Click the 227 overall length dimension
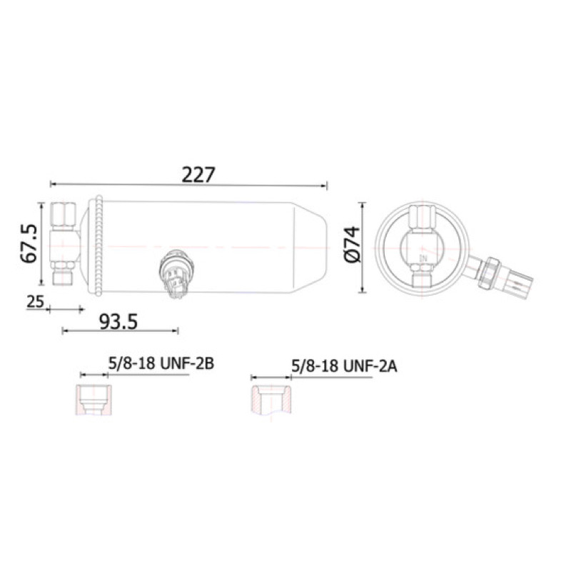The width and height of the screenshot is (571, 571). point(198,174)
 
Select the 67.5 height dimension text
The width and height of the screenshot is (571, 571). point(29,243)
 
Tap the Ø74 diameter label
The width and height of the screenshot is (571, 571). point(352,244)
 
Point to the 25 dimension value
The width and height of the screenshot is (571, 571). point(35,301)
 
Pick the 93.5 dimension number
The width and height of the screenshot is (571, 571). point(118,322)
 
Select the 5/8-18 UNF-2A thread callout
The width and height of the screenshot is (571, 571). point(344,366)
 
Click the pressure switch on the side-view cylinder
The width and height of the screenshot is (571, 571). point(176,273)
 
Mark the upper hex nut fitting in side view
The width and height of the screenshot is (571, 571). point(64,214)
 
